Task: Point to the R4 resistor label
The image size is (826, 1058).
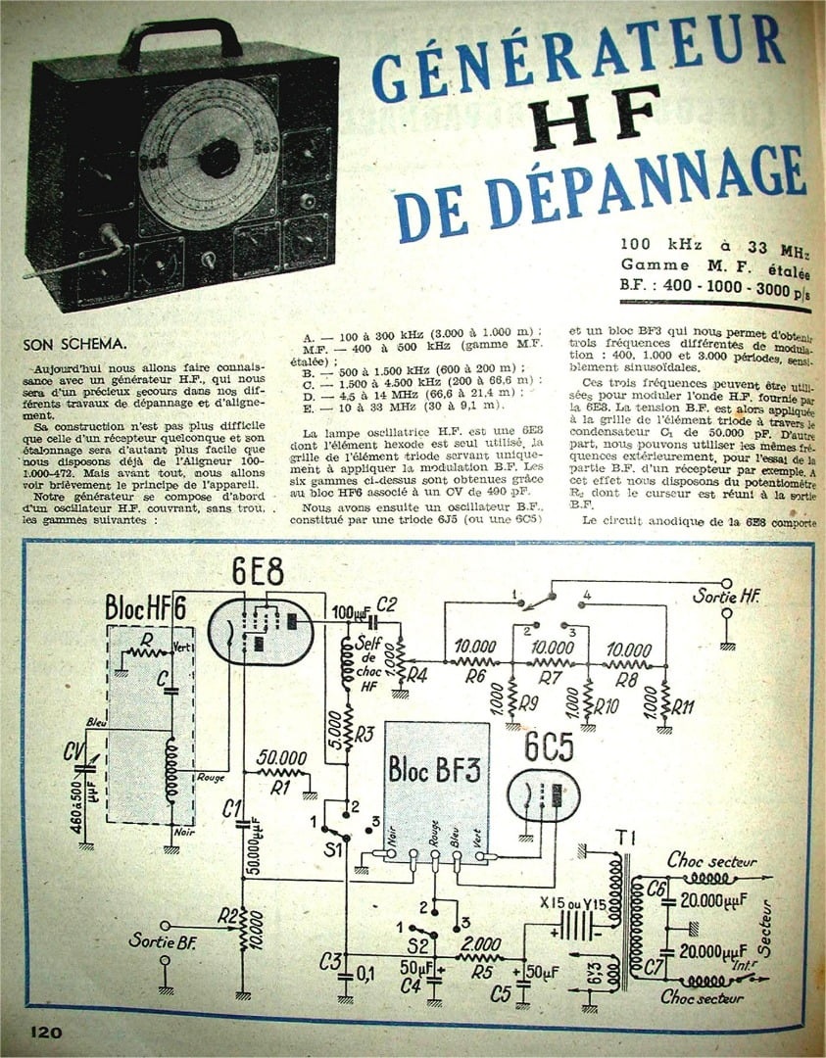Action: [x=417, y=673]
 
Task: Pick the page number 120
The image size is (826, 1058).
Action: [x=47, y=1032]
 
